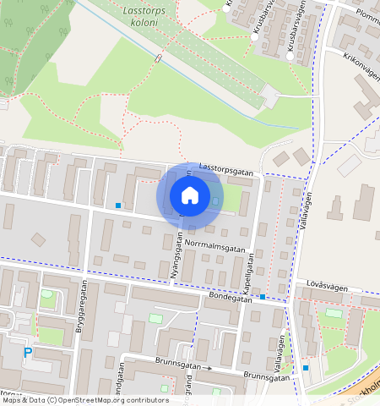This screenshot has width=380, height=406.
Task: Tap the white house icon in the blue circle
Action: click(190, 195)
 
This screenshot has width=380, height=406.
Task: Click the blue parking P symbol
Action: click(28, 352)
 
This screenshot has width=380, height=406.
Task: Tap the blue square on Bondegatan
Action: click(263, 297)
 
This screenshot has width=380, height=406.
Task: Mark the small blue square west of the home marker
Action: click(118, 206)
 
